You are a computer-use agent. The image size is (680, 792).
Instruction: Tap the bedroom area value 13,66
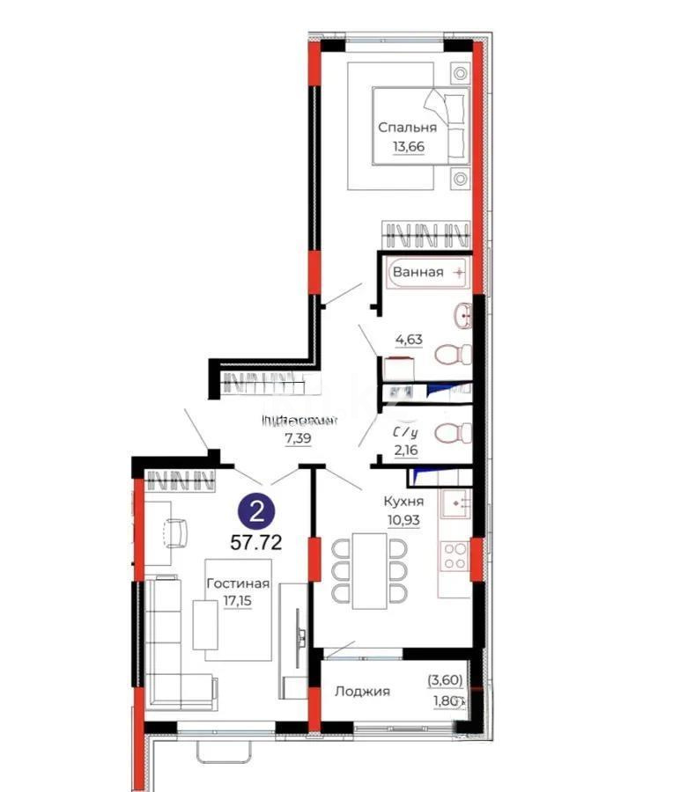(x=402, y=146)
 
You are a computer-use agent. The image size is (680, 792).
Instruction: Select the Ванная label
(x=418, y=272)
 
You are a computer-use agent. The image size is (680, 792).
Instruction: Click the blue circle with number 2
(x=256, y=510)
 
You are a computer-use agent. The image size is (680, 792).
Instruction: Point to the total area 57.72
(x=256, y=542)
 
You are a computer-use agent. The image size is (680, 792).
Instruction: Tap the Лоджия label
(x=362, y=692)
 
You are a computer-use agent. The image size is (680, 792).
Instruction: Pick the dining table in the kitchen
(x=369, y=571)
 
